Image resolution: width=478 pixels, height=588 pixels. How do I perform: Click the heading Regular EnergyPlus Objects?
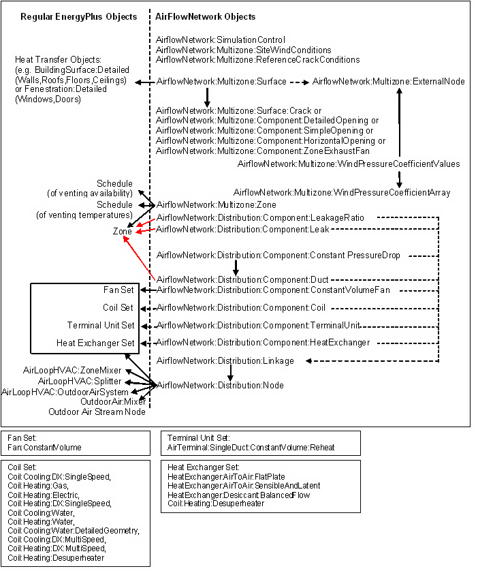[78, 16]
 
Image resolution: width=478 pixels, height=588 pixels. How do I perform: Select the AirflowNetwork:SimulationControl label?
[221, 40]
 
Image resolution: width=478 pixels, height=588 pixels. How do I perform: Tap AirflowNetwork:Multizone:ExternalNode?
[388, 82]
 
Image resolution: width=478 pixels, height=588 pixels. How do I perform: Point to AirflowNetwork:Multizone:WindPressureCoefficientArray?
[342, 193]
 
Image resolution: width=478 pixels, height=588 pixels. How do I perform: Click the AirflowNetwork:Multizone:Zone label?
[216, 204]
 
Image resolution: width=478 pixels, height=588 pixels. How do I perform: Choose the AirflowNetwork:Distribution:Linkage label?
[225, 360]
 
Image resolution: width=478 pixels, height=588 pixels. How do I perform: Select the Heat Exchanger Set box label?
[96, 343]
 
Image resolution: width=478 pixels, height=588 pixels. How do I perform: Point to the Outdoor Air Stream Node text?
[97, 412]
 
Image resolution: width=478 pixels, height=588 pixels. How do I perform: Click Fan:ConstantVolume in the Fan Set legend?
[44, 448]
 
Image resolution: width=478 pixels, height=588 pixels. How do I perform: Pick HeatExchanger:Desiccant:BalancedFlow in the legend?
[238, 495]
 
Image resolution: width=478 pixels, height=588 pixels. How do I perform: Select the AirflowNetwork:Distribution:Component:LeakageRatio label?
[260, 217]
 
